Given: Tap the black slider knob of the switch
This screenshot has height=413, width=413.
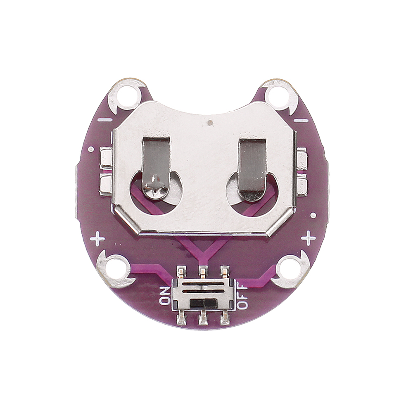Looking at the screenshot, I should (x=199, y=303).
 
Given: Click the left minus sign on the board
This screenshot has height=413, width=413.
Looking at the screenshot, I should (x=106, y=120).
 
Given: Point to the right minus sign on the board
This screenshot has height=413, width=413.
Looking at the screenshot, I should (x=301, y=120).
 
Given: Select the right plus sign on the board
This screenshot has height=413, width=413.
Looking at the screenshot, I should (x=308, y=238).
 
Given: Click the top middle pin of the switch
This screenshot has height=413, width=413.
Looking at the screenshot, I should (x=202, y=272).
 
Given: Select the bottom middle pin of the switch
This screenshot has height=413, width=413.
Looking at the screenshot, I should (x=202, y=318).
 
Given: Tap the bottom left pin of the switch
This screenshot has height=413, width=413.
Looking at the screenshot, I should (x=181, y=318).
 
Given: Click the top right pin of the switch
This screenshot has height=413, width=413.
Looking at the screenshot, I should (x=224, y=272).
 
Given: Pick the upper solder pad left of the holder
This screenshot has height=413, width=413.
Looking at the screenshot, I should (x=106, y=158).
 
